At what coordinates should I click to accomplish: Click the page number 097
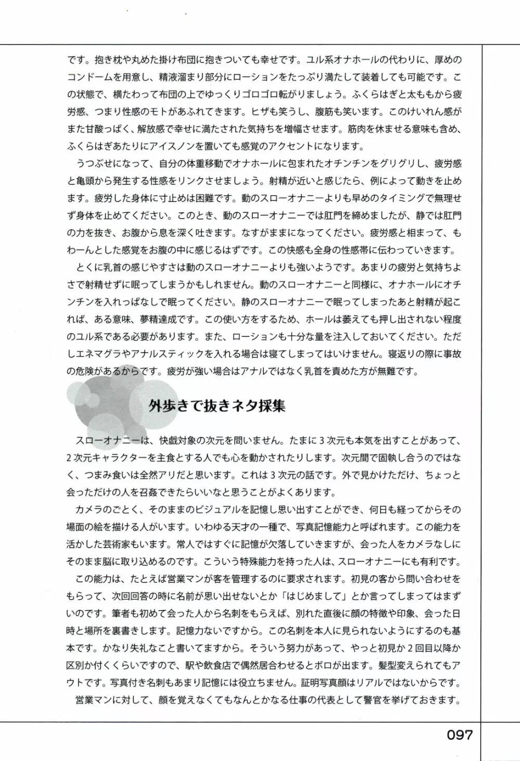click(460, 735)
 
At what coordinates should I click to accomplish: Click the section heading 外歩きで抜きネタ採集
click(217, 405)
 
